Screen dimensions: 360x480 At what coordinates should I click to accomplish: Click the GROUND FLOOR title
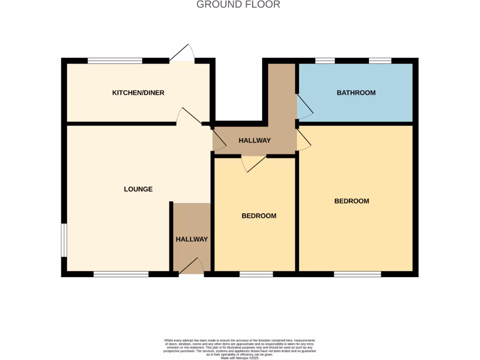pyautogui.click(x=238, y=5)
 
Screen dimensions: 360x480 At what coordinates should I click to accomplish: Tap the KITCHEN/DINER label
pyautogui.click(x=138, y=93)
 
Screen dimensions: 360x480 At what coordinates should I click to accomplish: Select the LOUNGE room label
pyautogui.click(x=138, y=189)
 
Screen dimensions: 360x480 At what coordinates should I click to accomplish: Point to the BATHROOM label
pyautogui.click(x=356, y=93)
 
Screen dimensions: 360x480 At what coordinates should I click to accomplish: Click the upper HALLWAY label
pyautogui.click(x=255, y=140)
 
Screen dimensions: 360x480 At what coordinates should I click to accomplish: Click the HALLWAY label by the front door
pyautogui.click(x=192, y=239)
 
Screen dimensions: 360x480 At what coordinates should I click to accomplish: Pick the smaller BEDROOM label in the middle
pyautogui.click(x=259, y=216)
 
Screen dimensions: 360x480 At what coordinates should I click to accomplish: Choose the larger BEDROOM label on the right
pyautogui.click(x=352, y=201)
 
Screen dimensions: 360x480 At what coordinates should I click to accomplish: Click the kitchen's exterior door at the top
pyautogui.click(x=182, y=54)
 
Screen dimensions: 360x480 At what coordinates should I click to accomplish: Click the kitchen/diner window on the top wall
pyautogui.click(x=115, y=60)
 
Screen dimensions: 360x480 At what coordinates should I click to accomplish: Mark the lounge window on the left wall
pyautogui.click(x=64, y=240)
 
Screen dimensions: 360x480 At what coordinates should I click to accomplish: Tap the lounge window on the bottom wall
pyautogui.click(x=121, y=274)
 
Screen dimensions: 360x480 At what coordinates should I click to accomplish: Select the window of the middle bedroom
pyautogui.click(x=256, y=274)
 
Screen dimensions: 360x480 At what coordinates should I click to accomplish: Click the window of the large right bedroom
pyautogui.click(x=357, y=274)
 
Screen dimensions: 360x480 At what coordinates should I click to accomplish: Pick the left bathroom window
pyautogui.click(x=325, y=60)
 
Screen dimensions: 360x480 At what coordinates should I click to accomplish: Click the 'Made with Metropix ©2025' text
pyautogui.click(x=240, y=358)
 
